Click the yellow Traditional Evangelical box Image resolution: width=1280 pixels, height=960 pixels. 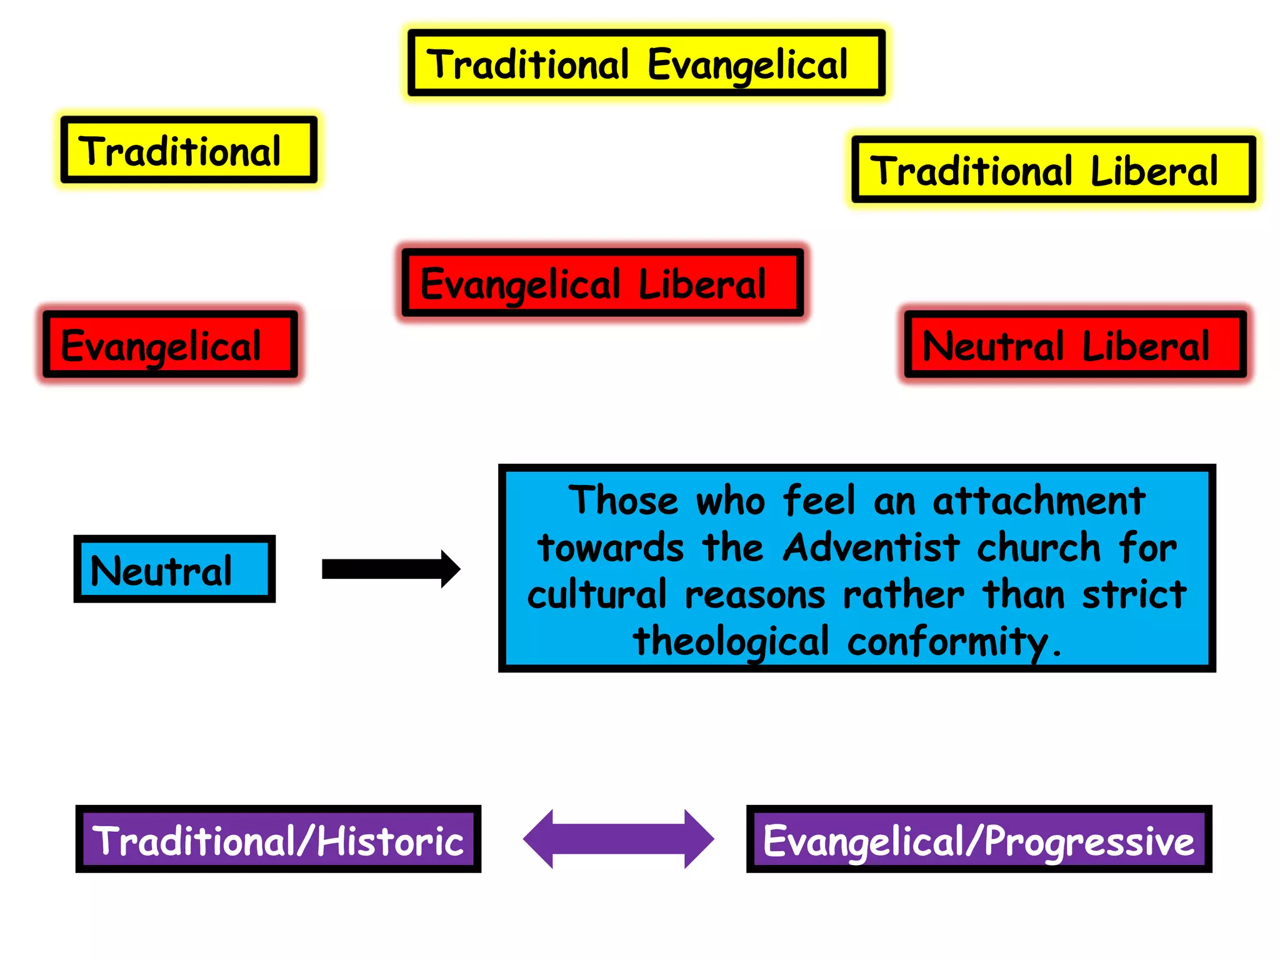646,63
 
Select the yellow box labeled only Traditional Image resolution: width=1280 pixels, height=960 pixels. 189,150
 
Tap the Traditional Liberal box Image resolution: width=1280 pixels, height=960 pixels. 1054,170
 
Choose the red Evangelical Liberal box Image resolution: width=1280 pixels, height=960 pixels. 602,283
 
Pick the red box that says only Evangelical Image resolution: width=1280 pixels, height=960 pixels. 170,344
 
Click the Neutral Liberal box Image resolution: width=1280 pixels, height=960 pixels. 1075,344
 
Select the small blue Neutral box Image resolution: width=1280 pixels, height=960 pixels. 174,569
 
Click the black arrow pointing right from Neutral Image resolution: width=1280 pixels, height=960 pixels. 391,569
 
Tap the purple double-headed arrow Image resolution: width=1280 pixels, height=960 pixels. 618,839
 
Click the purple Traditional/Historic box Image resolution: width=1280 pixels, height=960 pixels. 278,839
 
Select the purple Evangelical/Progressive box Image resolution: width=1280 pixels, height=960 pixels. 979,839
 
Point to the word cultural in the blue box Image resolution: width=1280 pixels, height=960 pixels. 597,594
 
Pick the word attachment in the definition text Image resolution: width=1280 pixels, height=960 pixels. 1039,501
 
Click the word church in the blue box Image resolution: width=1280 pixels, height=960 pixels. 1038,548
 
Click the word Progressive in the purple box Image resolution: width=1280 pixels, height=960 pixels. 1089,841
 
